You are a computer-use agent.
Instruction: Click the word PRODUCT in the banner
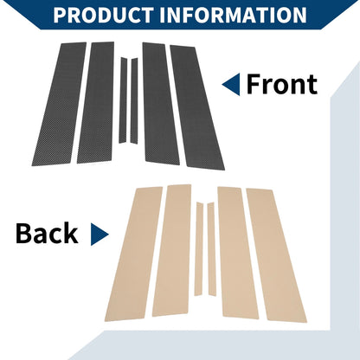pos(104,15)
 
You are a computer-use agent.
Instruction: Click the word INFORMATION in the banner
pos(233,15)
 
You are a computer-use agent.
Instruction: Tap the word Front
pos(282,84)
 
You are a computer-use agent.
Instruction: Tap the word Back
pos(47,234)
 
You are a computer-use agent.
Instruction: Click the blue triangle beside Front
pos(232,84)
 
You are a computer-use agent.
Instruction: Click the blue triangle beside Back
pos(99,235)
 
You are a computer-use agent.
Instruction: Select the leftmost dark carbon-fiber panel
pos(59,104)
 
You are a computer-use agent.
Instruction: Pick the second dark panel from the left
pos(95,102)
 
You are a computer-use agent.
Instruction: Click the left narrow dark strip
pos(123,100)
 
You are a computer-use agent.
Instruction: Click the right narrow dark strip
pos(134,100)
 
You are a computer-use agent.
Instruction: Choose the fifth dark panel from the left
pos(161,104)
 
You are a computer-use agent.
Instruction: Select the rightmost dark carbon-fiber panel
pos(197,107)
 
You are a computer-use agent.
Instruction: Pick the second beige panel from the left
pos(172,250)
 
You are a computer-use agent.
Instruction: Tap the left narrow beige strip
pos(199,249)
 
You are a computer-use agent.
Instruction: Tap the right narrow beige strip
pos(211,249)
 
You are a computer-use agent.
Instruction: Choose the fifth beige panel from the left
pos(238,253)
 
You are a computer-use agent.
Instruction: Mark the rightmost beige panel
pos(276,255)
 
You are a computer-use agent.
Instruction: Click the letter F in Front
pos(254,84)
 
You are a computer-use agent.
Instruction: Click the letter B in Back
pos(24,234)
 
